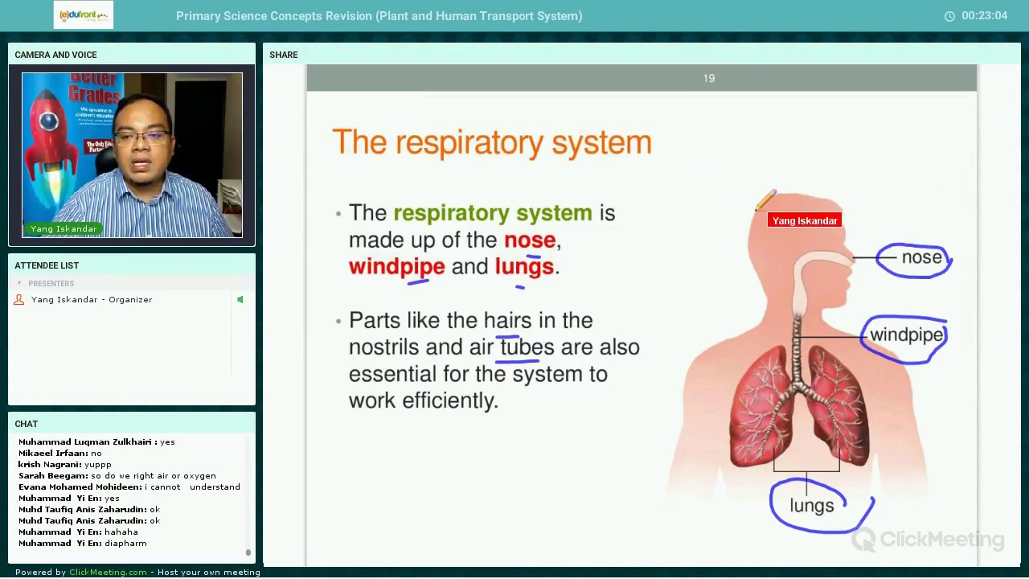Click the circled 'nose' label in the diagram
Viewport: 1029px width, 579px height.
click(921, 257)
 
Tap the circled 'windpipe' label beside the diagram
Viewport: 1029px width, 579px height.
click(906, 335)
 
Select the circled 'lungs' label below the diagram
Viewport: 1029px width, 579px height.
click(812, 505)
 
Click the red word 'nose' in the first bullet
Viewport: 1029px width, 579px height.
click(529, 240)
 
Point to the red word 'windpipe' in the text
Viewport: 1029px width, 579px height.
click(396, 267)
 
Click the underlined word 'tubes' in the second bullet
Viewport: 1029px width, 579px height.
click(527, 347)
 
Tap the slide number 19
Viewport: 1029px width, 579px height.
click(708, 78)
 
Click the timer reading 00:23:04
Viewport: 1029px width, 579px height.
click(984, 16)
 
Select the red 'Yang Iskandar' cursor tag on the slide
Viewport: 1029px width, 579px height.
click(804, 220)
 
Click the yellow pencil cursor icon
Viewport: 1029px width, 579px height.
click(765, 200)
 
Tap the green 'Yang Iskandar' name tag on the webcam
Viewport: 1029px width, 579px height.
click(64, 229)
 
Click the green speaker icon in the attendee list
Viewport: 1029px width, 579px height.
click(240, 300)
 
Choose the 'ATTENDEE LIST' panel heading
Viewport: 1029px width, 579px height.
click(47, 265)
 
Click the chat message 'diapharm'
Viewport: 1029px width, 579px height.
click(125, 544)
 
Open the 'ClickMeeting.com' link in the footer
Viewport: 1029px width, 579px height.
click(108, 573)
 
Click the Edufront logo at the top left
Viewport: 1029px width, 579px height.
click(84, 15)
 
